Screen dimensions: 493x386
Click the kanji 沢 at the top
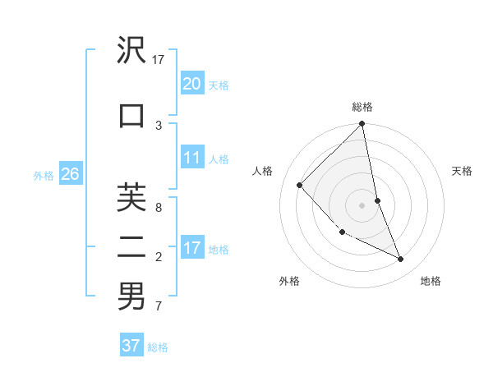point(131,51)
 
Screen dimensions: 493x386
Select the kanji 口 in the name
point(131,116)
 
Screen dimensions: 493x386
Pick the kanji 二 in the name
point(131,246)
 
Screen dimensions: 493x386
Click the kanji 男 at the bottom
point(131,296)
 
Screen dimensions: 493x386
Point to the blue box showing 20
point(191,83)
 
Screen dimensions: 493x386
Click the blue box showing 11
point(191,158)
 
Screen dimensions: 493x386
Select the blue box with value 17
point(191,248)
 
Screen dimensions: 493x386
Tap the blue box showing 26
point(70,174)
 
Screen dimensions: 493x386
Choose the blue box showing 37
point(131,346)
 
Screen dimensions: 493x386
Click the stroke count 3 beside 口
point(159,125)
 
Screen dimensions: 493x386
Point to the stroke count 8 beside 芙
point(159,207)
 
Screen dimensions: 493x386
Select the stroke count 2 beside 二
point(159,257)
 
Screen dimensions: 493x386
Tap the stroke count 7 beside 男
point(159,307)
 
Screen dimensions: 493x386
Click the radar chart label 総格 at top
point(362,107)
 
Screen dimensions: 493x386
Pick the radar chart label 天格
point(462,171)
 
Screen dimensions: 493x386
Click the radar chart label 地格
point(431,281)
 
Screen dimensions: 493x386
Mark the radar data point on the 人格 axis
point(300,185)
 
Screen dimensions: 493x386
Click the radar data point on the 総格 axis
point(362,125)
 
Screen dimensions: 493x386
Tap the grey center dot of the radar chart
point(362,205)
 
